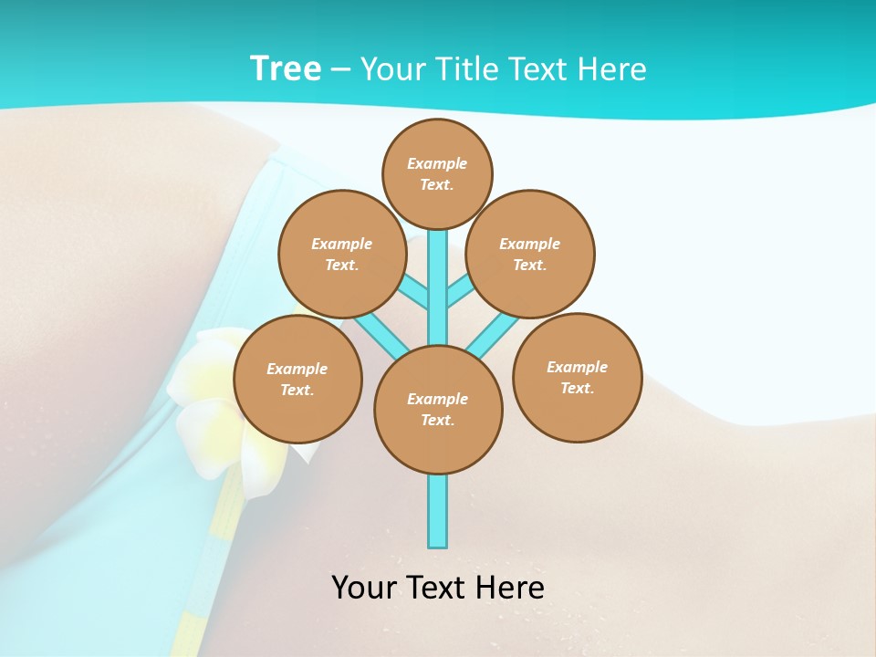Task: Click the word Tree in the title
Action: coord(286,68)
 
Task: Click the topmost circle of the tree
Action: coord(437,173)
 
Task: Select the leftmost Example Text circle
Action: coord(297,379)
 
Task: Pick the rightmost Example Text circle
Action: coord(577,377)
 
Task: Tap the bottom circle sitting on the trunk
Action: coord(438,410)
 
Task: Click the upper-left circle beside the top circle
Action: coord(342,254)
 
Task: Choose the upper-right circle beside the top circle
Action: coord(530,254)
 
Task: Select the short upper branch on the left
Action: coord(413,293)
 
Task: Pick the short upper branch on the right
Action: coord(460,291)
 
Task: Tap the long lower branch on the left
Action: coord(378,332)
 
